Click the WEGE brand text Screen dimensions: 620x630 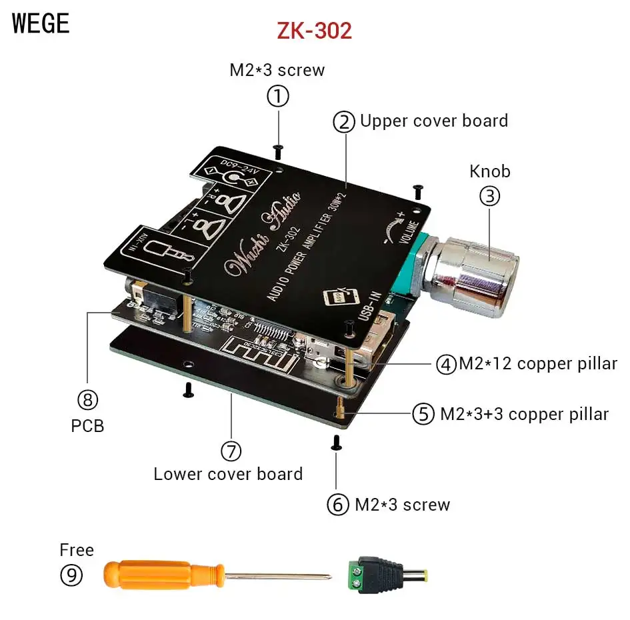(x=41, y=23)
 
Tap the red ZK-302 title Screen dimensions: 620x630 (x=314, y=30)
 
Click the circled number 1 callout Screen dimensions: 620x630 (x=278, y=97)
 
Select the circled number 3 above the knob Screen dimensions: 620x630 (x=490, y=196)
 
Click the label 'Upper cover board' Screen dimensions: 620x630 (x=434, y=121)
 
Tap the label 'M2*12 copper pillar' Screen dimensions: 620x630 (x=537, y=364)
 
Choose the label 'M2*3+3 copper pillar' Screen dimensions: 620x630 (x=524, y=414)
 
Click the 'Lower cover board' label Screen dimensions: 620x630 (x=228, y=474)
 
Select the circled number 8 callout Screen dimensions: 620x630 (x=88, y=399)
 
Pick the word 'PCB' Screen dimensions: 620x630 (x=88, y=425)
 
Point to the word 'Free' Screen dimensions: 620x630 (x=77, y=550)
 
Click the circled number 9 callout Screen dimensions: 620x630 (x=71, y=575)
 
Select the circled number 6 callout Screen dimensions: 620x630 (x=338, y=505)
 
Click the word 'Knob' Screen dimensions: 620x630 (x=490, y=171)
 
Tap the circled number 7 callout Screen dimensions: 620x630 (x=231, y=451)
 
